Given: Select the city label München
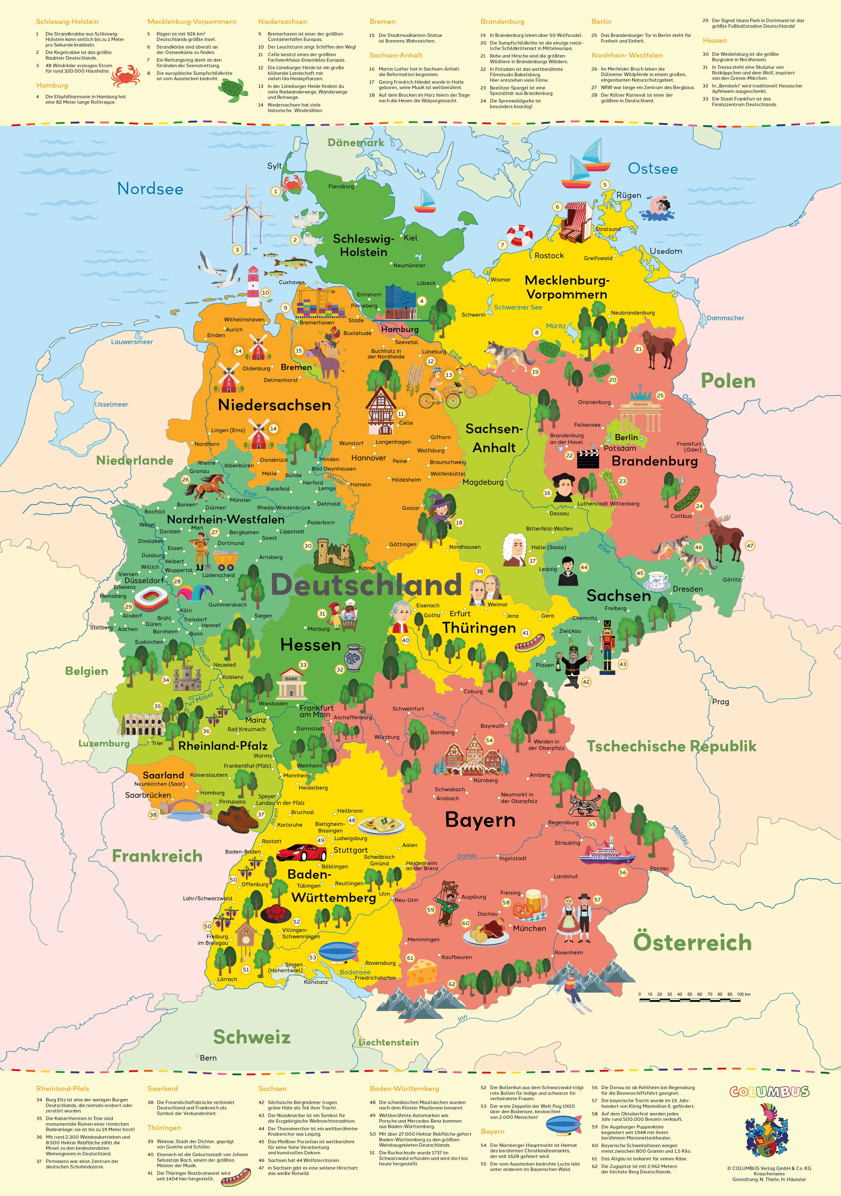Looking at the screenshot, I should click(529, 928).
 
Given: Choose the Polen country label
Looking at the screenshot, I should click(728, 381).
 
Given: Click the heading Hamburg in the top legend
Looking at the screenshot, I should click(52, 85).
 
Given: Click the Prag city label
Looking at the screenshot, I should click(721, 702).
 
